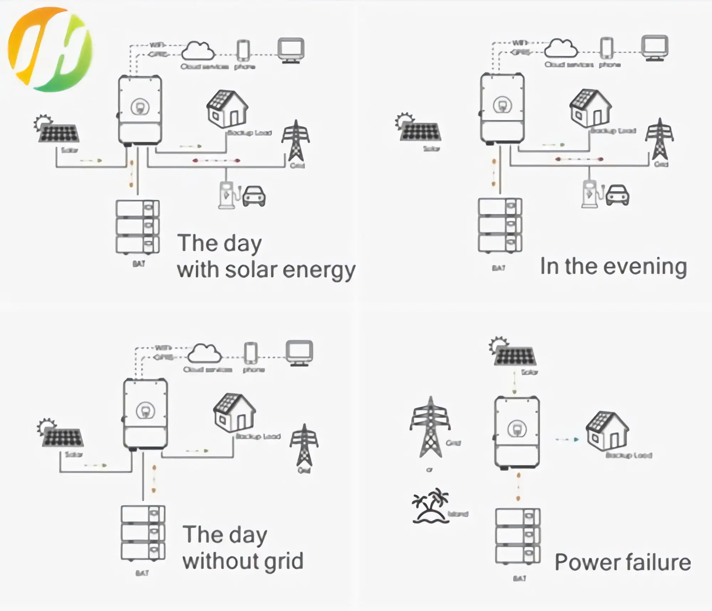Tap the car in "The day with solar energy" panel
click(x=254, y=196)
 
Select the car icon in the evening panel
click(x=618, y=195)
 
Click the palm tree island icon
click(x=430, y=506)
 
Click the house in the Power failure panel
click(x=607, y=430)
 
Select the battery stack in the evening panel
click(x=500, y=225)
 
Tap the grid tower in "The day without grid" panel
click(x=304, y=445)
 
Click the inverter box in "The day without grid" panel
click(x=145, y=414)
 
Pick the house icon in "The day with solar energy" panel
click(x=227, y=109)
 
